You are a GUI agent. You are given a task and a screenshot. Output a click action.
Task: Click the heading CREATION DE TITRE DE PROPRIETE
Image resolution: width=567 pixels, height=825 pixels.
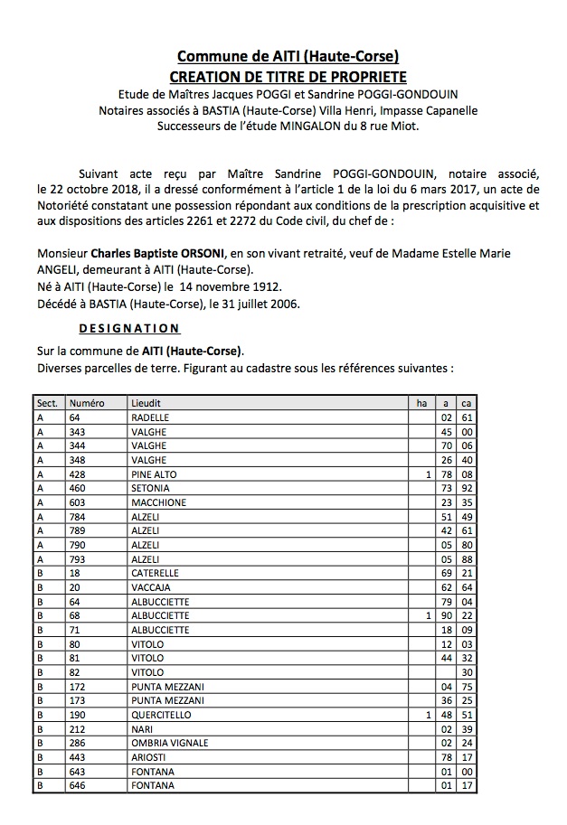tap(288, 77)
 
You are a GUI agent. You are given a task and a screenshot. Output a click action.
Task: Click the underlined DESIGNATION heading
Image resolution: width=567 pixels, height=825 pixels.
tap(129, 328)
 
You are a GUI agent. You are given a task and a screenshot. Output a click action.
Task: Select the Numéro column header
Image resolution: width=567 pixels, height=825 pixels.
tap(87, 403)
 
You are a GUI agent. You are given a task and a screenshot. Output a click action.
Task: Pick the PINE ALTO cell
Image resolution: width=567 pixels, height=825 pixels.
tap(155, 474)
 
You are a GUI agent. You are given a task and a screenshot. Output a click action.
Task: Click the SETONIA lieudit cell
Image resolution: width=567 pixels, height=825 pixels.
tap(150, 488)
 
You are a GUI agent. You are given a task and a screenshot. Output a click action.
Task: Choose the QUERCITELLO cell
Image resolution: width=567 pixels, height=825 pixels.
tap(162, 715)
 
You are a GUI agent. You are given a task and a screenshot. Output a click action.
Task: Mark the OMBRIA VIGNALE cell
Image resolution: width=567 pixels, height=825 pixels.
tap(170, 743)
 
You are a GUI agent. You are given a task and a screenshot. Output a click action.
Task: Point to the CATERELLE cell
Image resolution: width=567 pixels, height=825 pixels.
tap(156, 573)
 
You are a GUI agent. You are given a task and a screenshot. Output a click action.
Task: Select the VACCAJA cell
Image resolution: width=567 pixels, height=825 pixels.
tap(151, 587)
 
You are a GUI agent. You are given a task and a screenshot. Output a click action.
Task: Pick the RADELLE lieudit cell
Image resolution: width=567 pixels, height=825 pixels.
tap(150, 417)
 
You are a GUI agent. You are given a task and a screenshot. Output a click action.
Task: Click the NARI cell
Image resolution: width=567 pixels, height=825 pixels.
tap(143, 729)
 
